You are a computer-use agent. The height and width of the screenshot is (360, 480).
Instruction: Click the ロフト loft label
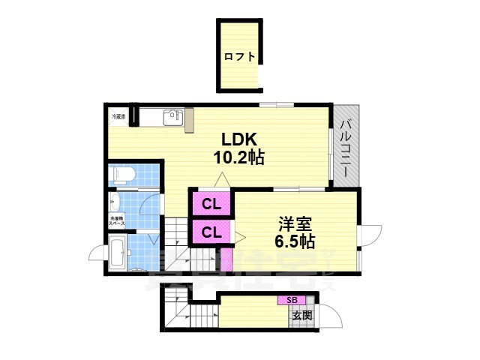(239, 56)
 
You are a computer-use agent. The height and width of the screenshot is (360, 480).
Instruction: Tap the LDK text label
(238, 139)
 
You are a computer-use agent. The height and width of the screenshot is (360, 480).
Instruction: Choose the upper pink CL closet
(211, 203)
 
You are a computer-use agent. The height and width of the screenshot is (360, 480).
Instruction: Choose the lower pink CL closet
(211, 232)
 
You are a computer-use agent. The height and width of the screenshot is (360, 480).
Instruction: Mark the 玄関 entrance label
(302, 316)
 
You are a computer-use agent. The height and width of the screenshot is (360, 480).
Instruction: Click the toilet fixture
(122, 175)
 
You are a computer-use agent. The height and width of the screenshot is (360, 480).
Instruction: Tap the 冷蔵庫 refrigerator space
(118, 117)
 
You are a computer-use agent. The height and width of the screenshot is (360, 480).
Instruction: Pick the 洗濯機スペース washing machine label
(117, 221)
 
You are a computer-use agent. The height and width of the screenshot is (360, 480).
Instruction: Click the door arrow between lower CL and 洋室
(239, 237)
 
